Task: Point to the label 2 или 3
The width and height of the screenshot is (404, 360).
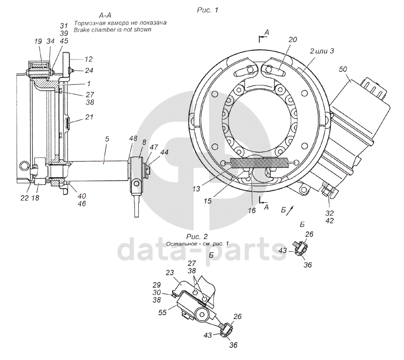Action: tap(322, 51)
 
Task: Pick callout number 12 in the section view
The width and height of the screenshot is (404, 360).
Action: tap(88, 59)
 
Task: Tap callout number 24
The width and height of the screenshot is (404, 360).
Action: tap(89, 70)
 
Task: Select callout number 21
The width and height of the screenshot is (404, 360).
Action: tap(89, 116)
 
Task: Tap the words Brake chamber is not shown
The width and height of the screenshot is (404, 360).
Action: tap(112, 30)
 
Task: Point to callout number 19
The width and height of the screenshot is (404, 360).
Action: tap(38, 41)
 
